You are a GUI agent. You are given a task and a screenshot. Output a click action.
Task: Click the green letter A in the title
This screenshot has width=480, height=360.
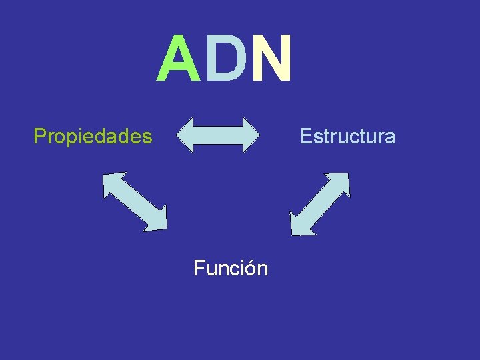[x=178, y=59]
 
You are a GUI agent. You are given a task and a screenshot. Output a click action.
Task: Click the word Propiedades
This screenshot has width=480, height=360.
[x=93, y=137]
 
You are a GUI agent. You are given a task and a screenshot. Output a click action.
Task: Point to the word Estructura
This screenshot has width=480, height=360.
[x=347, y=137]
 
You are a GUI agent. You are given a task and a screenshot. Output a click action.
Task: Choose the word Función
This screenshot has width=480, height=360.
[x=231, y=269]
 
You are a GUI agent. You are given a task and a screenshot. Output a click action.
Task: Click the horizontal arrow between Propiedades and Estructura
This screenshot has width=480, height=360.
[x=219, y=135]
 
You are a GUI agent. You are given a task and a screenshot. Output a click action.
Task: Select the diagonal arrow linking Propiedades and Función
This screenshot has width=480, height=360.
[x=135, y=201]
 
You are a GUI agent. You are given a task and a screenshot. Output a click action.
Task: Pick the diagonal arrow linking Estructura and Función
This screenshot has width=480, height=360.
[x=319, y=203]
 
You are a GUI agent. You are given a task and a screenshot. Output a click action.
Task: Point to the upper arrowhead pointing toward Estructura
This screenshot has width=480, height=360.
[x=339, y=183]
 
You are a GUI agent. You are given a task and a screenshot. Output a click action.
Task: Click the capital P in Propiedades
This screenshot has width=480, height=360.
[x=39, y=137]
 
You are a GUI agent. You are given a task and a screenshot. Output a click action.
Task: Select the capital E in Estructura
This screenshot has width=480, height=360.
[x=305, y=137]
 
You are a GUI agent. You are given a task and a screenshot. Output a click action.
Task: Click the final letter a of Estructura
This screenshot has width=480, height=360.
[x=390, y=138]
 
